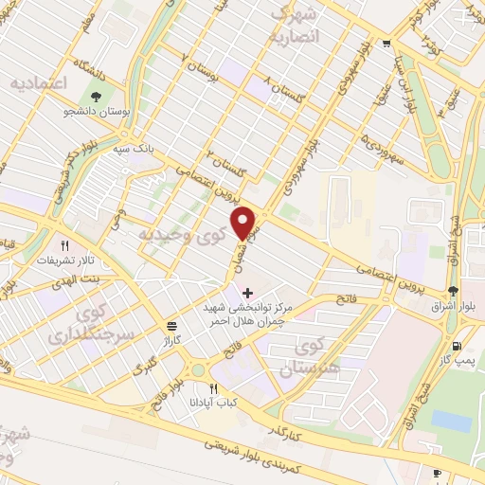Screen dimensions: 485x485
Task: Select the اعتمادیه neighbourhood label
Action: (x=40, y=83)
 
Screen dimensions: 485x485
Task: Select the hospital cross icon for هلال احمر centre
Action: (x=248, y=293)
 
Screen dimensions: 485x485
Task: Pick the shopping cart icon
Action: (x=386, y=45)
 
